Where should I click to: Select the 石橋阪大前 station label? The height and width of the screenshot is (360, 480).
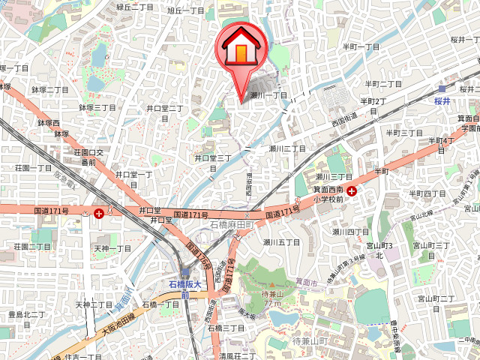(x=184, y=289)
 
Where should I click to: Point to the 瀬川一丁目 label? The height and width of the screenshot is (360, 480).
(x=268, y=95)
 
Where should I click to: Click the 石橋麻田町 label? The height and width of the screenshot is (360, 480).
(x=234, y=225)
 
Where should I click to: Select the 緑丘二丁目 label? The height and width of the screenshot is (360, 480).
(x=135, y=7)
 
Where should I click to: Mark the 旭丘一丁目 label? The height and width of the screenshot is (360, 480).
(x=186, y=10)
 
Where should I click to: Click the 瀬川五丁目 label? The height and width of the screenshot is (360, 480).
(x=281, y=242)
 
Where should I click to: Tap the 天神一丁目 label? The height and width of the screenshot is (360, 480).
(x=112, y=248)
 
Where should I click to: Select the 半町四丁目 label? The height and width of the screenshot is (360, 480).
(x=427, y=193)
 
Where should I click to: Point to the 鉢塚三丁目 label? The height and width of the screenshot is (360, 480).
(x=97, y=108)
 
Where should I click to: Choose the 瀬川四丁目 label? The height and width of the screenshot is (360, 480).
(x=351, y=231)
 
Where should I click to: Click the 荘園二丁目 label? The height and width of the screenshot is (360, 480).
(x=33, y=246)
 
